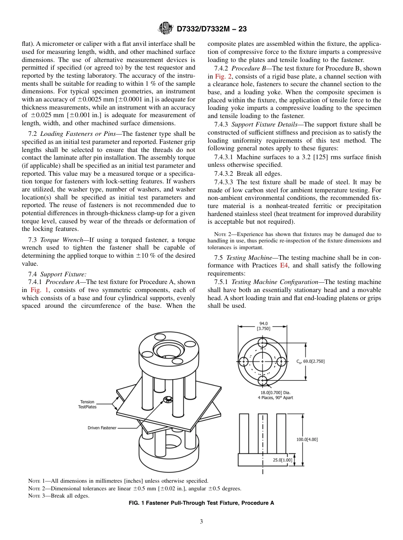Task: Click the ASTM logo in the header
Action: pos(165,28)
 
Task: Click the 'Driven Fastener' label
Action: pos(102,428)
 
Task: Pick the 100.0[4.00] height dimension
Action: pos(307,439)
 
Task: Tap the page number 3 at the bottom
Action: pos(201,522)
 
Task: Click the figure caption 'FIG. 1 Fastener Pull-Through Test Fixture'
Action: pos(201,503)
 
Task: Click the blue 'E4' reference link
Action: pos(284,265)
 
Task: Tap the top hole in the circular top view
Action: pos(262,342)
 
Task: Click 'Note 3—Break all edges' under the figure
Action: pos(59,495)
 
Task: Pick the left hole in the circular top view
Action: pos(244,361)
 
